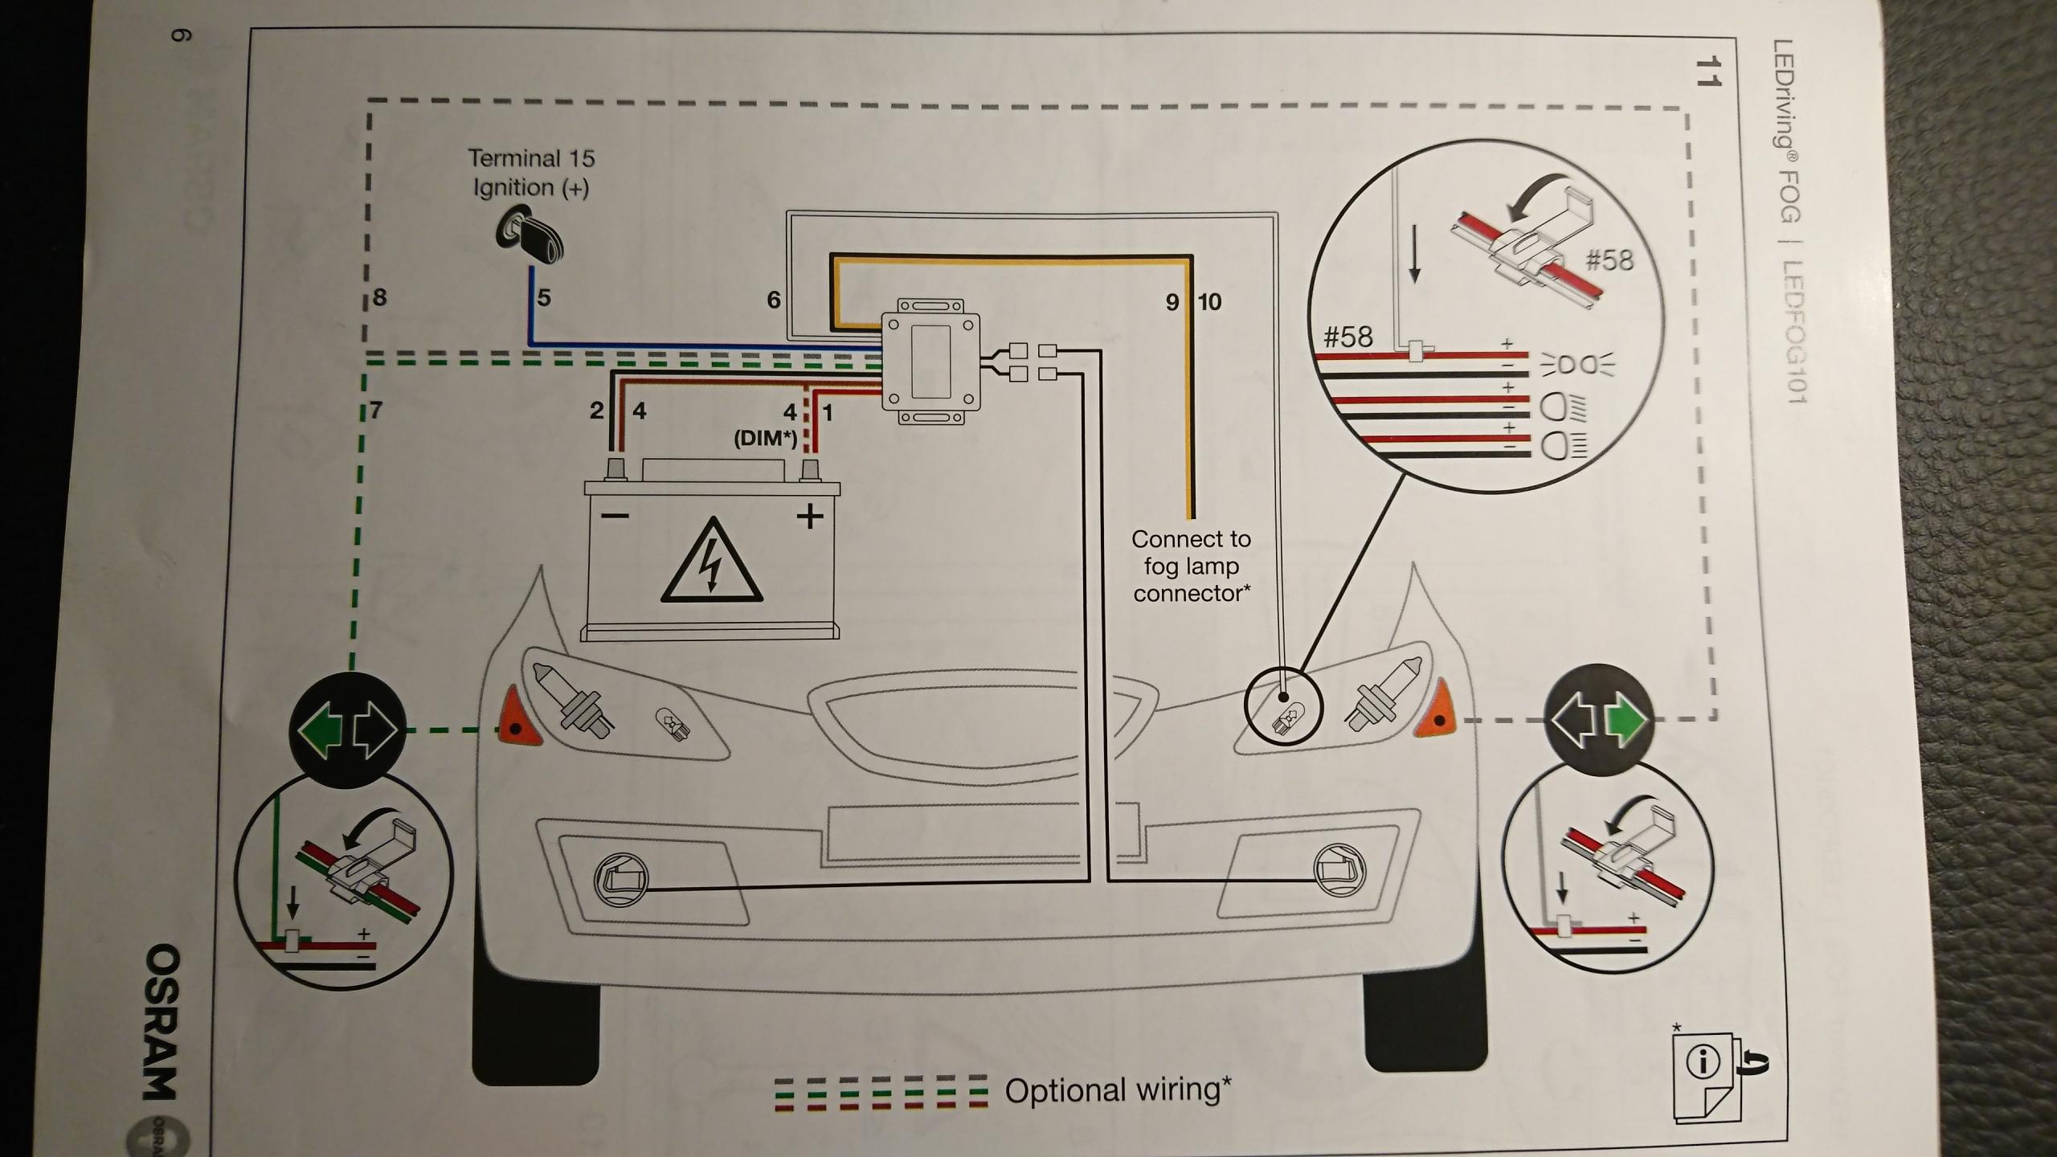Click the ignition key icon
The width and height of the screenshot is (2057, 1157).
coord(530,237)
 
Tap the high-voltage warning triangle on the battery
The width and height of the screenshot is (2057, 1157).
coord(710,562)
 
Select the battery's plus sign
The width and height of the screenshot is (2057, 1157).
coord(810,516)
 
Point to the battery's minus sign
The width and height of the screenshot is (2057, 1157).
coord(615,515)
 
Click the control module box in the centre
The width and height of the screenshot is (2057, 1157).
coord(931,360)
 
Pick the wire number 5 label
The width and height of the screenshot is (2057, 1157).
coord(544,298)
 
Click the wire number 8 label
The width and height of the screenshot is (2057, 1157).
coord(379,297)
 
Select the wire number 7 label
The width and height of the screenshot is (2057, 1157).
coord(374,411)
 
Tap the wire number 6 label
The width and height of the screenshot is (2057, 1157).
coord(773,300)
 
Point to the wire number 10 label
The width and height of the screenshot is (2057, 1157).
coord(1209,302)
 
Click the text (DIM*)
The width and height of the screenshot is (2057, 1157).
coord(764,439)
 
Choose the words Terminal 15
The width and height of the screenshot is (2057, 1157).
coord(531,158)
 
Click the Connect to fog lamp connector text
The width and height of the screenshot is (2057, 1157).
coord(1191,566)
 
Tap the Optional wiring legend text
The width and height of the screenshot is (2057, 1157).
coord(1118,1090)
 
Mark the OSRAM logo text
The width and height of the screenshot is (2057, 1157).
coord(163,1020)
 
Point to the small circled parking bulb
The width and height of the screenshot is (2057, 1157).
coord(1283,707)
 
